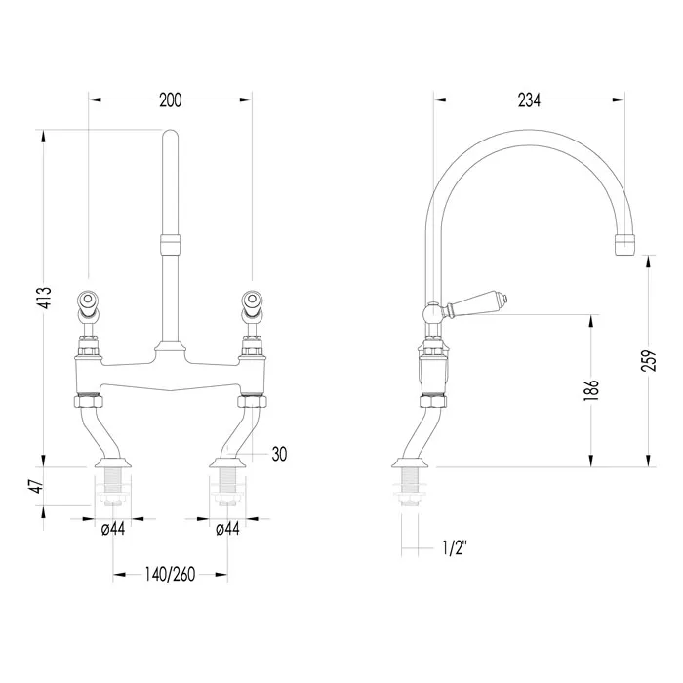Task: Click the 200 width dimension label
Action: (171, 100)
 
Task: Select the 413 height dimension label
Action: (45, 298)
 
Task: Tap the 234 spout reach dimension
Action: (529, 100)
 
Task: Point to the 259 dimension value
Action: (649, 360)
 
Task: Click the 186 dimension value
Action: (592, 390)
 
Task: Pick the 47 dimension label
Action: (38, 486)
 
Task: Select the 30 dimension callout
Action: (279, 455)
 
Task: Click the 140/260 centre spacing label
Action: (170, 575)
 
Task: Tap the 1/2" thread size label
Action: (455, 548)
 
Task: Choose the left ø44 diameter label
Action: (113, 529)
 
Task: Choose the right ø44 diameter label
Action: (227, 529)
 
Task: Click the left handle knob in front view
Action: (89, 301)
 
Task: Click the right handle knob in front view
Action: (252, 301)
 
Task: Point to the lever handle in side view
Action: (476, 304)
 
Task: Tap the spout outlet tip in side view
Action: (625, 245)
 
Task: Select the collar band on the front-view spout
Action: (170, 244)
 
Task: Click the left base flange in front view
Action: (113, 462)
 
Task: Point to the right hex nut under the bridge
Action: (252, 401)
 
